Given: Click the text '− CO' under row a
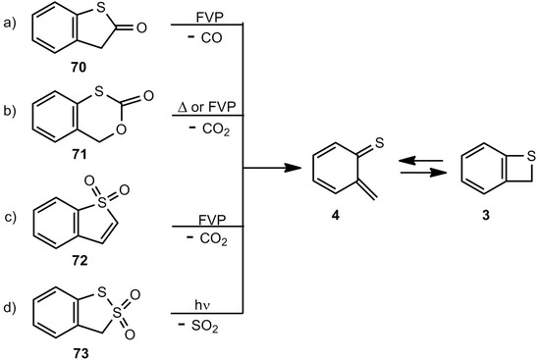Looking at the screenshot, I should click(x=202, y=46).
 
